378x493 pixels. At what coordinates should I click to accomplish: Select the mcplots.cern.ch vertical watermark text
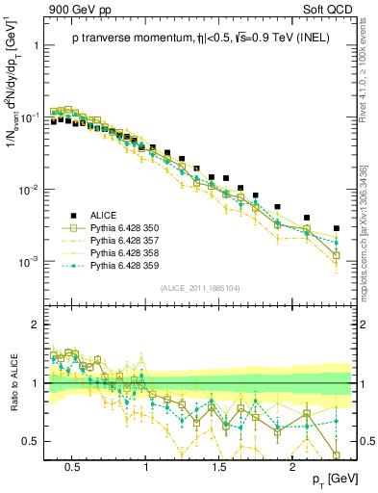pyautogui.click(x=366, y=250)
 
